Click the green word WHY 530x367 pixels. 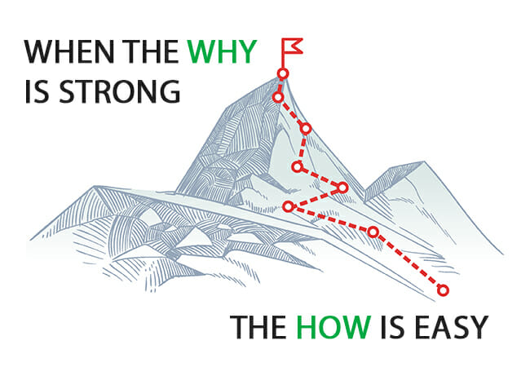click(x=223, y=51)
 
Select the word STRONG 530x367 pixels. click(x=120, y=91)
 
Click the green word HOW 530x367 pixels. click(x=333, y=327)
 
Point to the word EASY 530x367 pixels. click(x=451, y=327)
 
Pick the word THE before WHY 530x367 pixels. click(x=150, y=51)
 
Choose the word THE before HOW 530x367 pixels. click(x=258, y=327)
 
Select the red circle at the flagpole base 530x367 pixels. click(x=283, y=73)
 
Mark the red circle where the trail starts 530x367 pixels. click(x=443, y=290)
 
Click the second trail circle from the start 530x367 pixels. click(x=373, y=232)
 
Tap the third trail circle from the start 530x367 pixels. click(x=288, y=206)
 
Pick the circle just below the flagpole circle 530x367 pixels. click(x=278, y=97)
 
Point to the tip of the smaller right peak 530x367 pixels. click(x=424, y=161)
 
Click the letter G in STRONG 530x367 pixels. click(x=170, y=91)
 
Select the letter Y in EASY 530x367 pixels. click(x=479, y=327)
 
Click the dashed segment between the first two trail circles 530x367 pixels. click(x=408, y=261)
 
